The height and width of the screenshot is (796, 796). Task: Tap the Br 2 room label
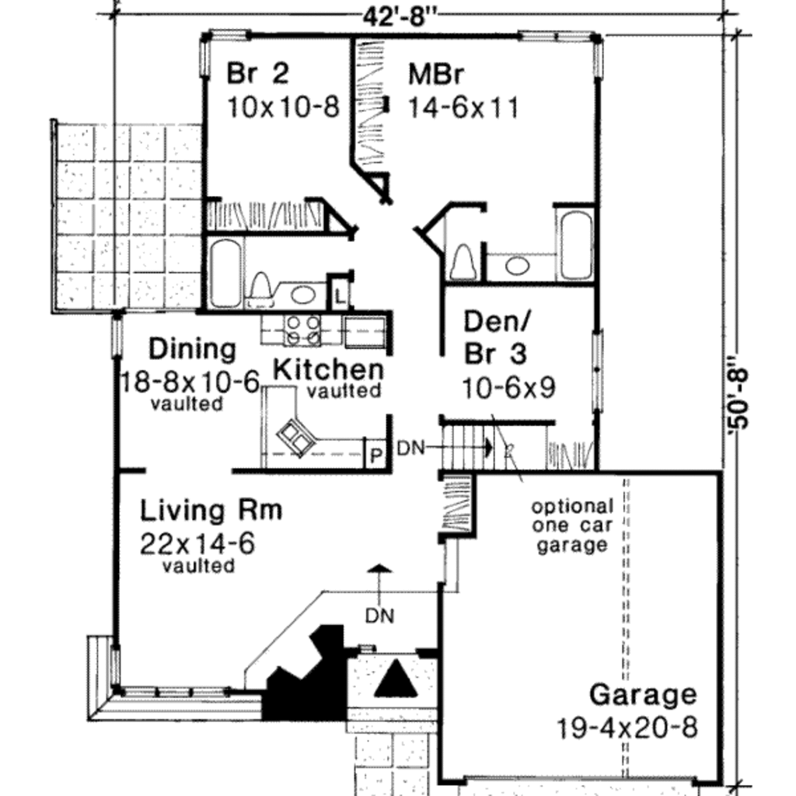(x=257, y=74)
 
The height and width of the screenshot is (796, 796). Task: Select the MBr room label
(x=436, y=75)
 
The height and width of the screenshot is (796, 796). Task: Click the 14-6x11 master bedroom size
(x=463, y=106)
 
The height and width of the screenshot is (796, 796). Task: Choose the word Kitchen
(x=328, y=368)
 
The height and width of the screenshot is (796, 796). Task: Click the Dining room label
(x=192, y=349)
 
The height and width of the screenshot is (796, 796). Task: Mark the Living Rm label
(x=211, y=511)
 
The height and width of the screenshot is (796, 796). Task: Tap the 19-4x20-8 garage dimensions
(x=627, y=728)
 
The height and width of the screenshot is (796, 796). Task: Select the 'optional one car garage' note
(x=572, y=525)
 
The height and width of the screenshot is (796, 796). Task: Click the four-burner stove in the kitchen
(x=302, y=329)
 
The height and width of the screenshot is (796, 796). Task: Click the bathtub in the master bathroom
(x=575, y=244)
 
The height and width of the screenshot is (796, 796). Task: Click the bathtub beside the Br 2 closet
(x=225, y=273)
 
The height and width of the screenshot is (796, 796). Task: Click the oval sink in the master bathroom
(x=517, y=266)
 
